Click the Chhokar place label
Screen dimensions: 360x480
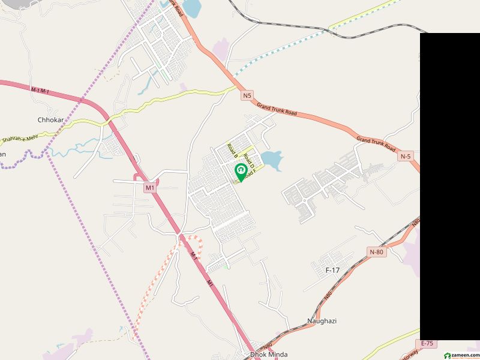[50, 120]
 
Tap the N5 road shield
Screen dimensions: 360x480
[247, 95]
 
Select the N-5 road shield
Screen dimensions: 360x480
[406, 157]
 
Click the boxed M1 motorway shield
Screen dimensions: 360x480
[150, 188]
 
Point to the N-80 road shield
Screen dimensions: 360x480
[377, 252]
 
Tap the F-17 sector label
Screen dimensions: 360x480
[332, 271]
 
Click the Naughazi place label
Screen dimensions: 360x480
[322, 321]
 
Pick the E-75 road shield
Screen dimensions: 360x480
[427, 343]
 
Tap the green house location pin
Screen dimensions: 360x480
[241, 172]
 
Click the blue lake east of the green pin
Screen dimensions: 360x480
[272, 160]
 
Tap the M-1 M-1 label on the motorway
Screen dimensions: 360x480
[40, 90]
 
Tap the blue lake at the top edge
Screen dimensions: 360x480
[191, 8]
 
